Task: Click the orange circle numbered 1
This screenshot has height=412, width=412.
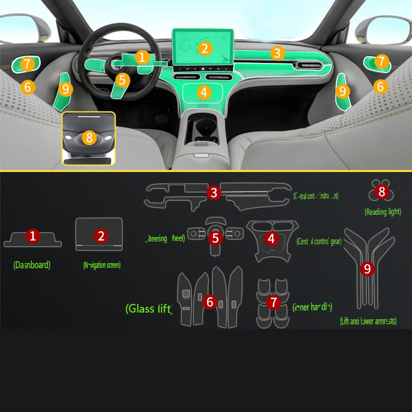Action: point(142,57)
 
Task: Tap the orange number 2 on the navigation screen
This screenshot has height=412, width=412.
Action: point(205,48)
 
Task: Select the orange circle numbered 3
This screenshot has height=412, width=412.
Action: point(277,53)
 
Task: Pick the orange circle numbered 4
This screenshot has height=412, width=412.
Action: point(204,93)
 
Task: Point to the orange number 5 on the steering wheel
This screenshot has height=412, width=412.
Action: point(122,80)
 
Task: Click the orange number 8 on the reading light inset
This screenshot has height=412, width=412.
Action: point(89,138)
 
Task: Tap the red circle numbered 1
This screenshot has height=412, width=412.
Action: point(33,236)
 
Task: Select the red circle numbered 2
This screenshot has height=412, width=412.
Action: point(101,236)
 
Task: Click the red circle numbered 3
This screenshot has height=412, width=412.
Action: point(214,193)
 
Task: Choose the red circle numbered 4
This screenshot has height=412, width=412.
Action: point(271,238)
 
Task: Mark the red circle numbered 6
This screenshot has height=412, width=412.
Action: point(209,302)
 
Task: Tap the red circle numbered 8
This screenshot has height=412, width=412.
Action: point(382,192)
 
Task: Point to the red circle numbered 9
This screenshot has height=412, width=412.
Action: point(367,268)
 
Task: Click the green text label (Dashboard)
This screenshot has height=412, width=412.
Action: point(32,265)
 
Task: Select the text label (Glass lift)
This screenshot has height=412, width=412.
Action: point(149,308)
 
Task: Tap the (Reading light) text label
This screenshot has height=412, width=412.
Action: point(383,212)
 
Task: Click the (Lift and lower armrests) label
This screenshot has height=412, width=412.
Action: point(368,321)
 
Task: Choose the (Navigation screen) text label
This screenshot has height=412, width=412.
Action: point(101,265)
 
